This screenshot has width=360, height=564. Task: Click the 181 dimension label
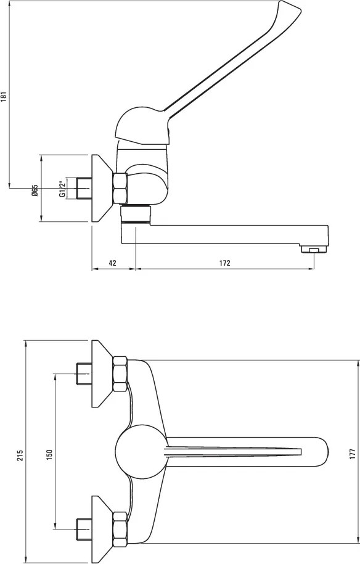(x=4, y=96)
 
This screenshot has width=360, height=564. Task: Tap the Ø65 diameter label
(x=35, y=190)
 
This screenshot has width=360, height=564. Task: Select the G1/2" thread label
(x=63, y=189)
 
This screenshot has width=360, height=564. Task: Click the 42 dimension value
(x=113, y=263)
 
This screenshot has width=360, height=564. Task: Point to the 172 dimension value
(x=224, y=263)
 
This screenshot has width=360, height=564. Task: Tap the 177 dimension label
(x=353, y=454)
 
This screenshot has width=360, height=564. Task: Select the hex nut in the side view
(x=120, y=188)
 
